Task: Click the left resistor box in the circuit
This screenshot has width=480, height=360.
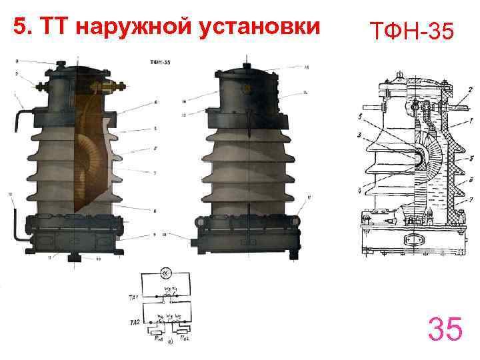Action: (157, 331)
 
